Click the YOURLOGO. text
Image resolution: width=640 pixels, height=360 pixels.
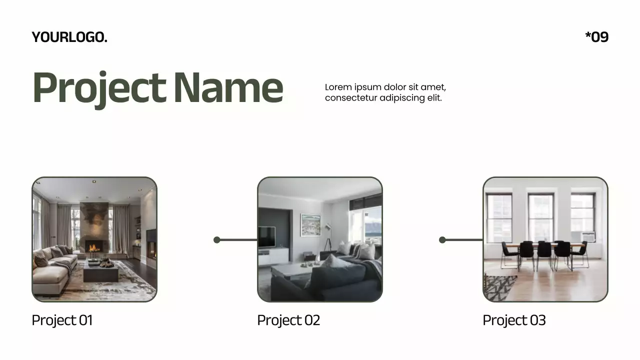69,37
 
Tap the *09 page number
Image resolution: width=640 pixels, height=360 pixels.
596,37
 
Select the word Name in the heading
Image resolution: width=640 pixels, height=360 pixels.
228,88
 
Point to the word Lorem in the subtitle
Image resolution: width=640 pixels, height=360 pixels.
338,87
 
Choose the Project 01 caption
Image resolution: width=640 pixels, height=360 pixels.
62,320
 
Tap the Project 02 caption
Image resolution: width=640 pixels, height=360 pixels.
288,320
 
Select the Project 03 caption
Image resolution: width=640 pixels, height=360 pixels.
514,320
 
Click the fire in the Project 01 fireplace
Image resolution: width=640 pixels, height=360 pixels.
93,247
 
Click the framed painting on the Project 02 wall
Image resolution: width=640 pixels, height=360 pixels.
310,225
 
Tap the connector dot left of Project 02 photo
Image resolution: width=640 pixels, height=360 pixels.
217,240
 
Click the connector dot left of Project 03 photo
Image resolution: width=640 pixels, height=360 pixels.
442,240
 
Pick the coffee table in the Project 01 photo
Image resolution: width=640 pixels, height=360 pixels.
101,272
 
